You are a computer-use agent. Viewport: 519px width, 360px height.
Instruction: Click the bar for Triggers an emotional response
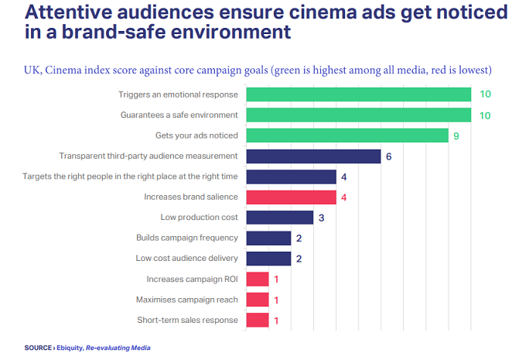(358, 94)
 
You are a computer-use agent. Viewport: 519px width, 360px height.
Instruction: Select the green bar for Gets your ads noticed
(347, 135)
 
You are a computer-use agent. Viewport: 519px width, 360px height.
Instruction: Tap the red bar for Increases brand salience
(291, 197)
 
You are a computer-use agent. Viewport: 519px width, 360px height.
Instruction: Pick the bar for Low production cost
(279, 218)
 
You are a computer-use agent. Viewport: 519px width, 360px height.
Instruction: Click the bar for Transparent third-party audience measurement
(313, 156)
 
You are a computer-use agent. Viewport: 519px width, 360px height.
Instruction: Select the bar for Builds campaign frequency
(268, 238)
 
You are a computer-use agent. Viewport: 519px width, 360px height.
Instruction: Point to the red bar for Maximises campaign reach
(258, 299)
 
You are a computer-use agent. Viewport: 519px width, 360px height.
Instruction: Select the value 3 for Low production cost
(322, 218)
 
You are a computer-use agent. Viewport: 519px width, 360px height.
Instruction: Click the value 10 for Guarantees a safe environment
(484, 115)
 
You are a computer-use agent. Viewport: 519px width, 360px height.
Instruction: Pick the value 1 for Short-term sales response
(277, 320)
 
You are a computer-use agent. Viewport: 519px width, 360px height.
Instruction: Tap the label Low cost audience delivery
(186, 259)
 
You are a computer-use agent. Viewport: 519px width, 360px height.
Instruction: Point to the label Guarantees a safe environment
(179, 115)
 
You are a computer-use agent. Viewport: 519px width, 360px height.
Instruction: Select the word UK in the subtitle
(31, 70)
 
